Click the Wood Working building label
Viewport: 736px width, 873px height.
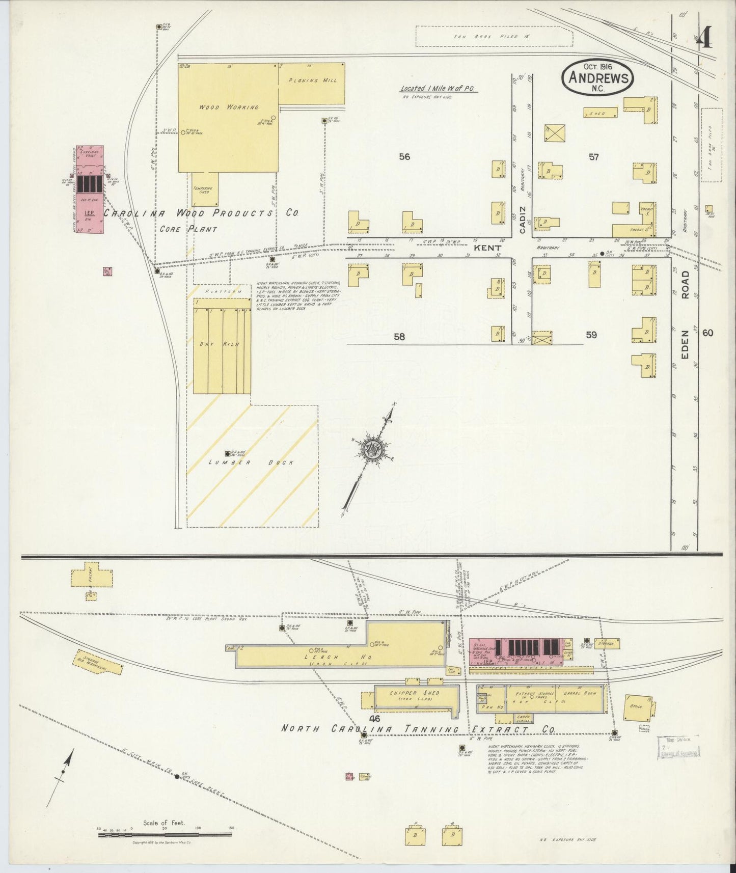229,107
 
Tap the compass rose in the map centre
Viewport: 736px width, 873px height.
373,449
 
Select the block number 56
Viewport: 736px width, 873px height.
404,157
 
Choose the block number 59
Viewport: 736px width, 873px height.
591,335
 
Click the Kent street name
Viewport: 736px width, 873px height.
487,248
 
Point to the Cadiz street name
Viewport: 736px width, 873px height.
522,220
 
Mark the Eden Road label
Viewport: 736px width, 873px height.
685,316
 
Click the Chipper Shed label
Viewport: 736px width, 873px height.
414,693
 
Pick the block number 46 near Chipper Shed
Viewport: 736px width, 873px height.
375,719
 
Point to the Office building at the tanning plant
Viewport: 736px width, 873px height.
637,706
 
